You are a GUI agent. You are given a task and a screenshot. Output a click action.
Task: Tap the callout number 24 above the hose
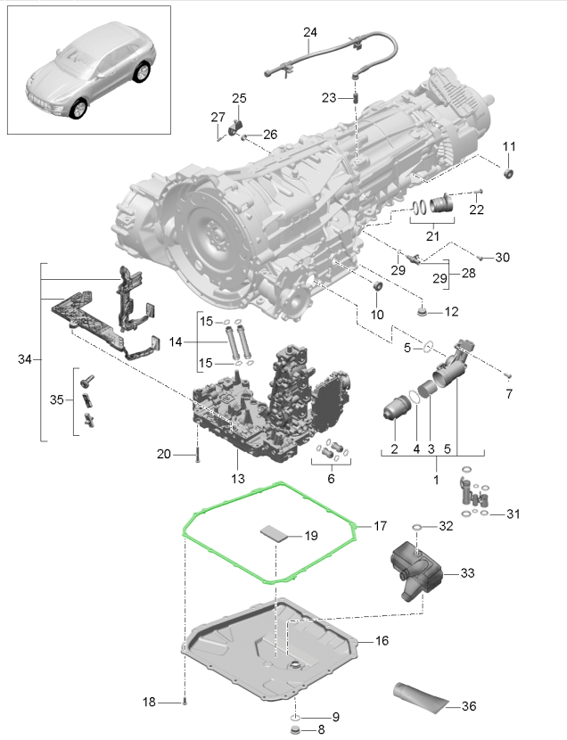(310, 32)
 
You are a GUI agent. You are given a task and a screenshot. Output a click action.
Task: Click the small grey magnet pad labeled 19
(274, 533)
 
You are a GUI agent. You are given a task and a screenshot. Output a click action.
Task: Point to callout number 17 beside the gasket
(380, 526)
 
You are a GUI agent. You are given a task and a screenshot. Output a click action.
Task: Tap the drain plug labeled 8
(296, 730)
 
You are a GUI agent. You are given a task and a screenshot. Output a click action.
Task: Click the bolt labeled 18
(185, 702)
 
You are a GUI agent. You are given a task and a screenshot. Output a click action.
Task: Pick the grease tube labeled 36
(421, 696)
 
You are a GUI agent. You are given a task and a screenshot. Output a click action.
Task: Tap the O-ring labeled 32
(417, 527)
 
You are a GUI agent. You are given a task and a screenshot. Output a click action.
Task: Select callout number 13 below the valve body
(238, 479)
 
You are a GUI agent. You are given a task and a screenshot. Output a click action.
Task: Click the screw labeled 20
(198, 455)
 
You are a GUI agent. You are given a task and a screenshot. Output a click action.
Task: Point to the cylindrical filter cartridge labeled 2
(394, 407)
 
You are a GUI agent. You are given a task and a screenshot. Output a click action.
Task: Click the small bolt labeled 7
(508, 376)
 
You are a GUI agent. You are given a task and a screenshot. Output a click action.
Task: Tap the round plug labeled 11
(508, 173)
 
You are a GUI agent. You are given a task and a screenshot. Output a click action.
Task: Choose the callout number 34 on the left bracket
(25, 359)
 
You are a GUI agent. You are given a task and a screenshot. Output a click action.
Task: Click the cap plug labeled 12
(423, 311)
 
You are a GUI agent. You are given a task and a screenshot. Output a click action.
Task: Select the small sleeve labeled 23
(357, 98)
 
